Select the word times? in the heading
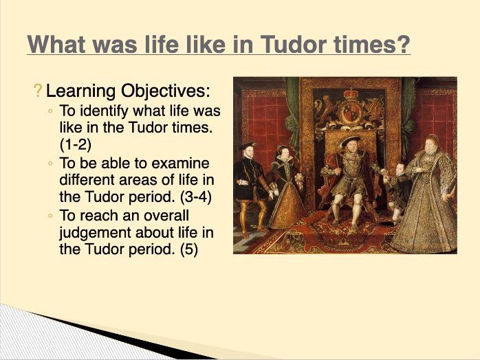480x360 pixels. pyautogui.click(x=375, y=45)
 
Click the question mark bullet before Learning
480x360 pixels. pyautogui.click(x=37, y=91)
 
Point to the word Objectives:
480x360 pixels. pyautogui.click(x=166, y=91)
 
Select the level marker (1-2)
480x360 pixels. pyautogui.click(x=76, y=145)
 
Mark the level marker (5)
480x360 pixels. pyautogui.click(x=188, y=249)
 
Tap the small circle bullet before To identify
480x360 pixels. pyautogui.click(x=51, y=111)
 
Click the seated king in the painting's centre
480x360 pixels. pyautogui.click(x=348, y=172)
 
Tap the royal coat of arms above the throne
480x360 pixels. pyautogui.click(x=351, y=110)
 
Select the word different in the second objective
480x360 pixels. pyautogui.click(x=88, y=181)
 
